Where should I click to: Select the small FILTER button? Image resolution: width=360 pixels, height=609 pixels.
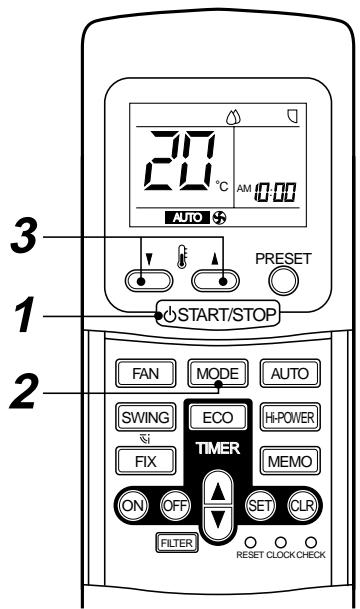174,543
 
